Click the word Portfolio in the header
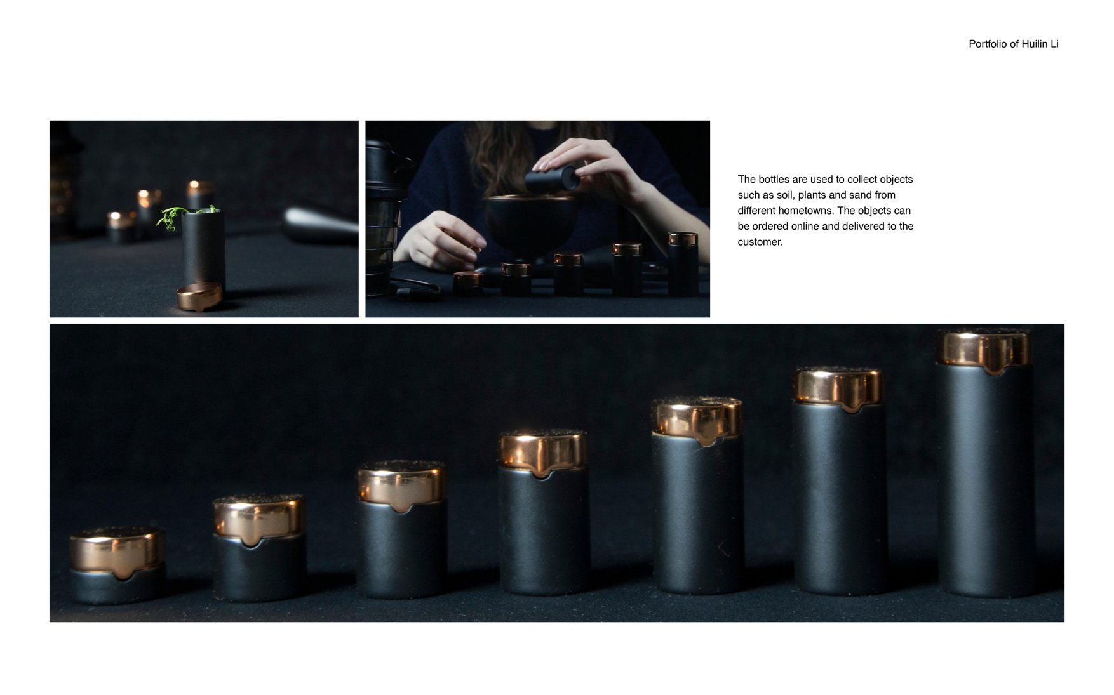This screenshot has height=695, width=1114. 988,44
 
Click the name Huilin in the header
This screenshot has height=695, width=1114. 1033,44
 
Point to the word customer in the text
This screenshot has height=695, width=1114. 759,242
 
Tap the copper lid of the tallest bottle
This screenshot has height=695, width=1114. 984,350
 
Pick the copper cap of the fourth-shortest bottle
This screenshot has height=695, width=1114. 543,453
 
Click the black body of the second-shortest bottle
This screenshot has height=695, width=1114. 259,567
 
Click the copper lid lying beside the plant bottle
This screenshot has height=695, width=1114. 199,296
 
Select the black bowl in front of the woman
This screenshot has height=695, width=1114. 530,223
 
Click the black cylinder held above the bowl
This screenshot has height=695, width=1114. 551,179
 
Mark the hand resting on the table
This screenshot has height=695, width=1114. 441,240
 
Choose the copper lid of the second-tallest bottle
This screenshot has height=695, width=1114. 838,388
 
